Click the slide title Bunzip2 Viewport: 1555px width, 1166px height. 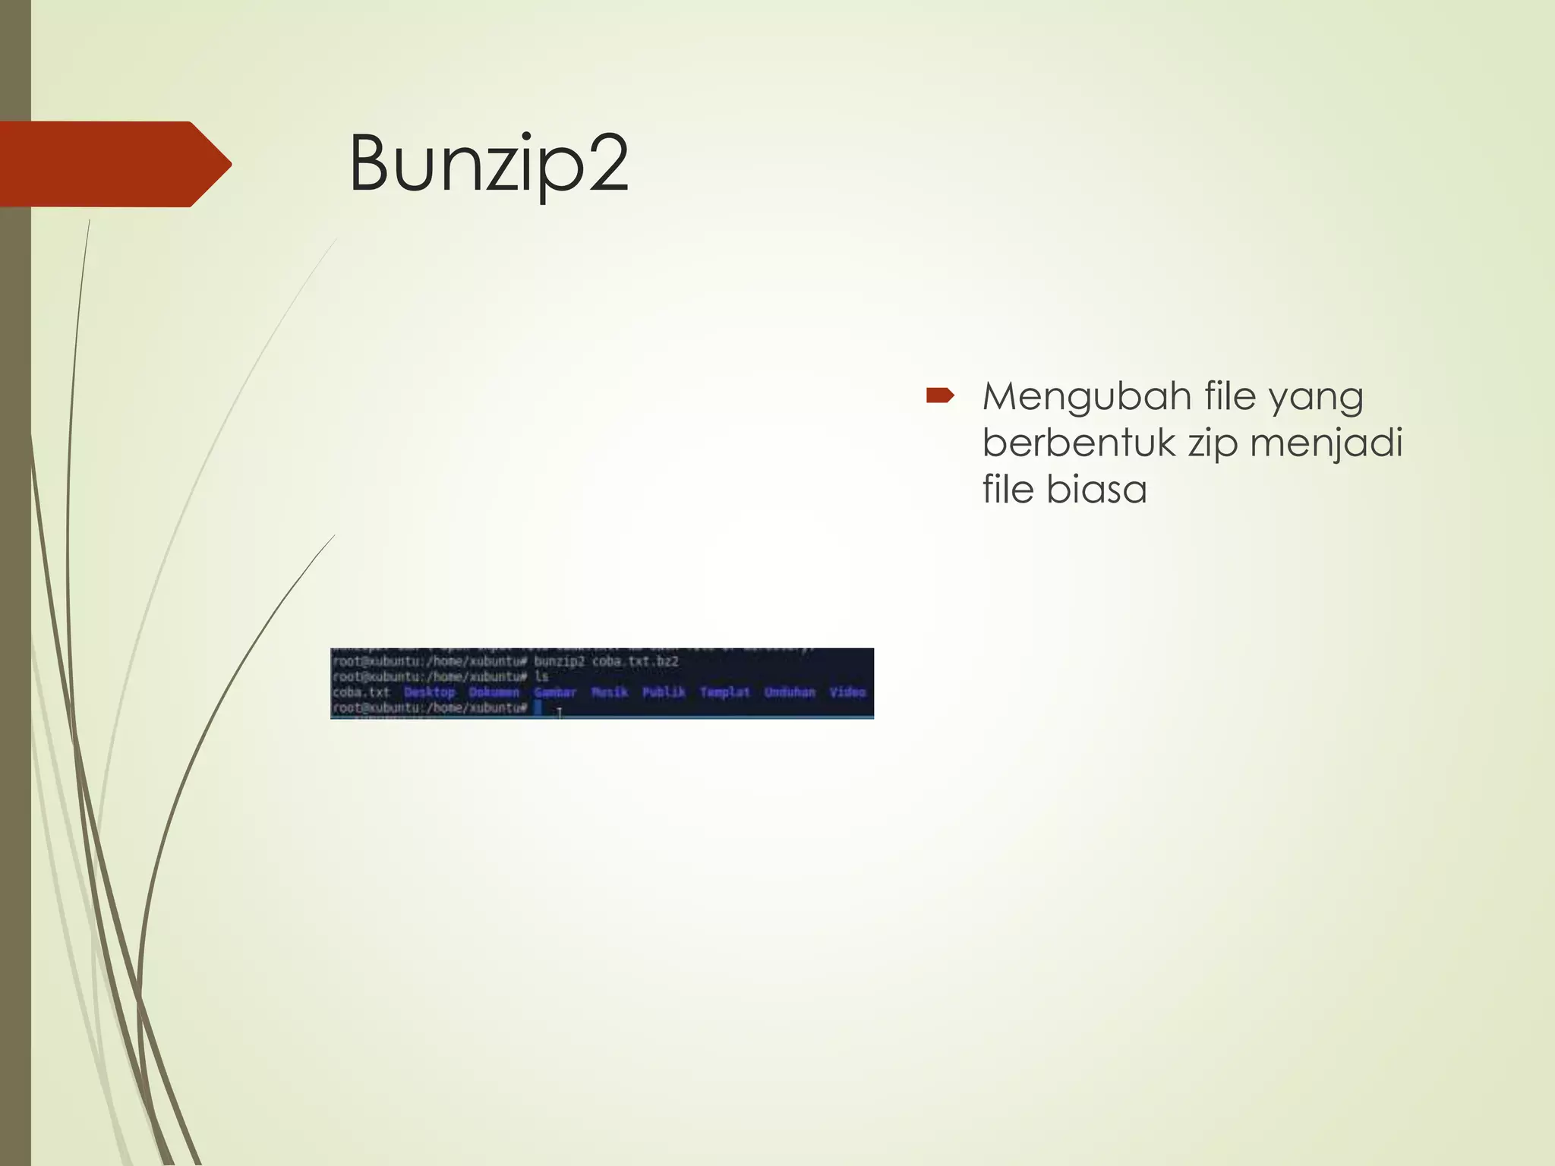tap(488, 164)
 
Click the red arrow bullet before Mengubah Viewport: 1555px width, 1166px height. tap(939, 395)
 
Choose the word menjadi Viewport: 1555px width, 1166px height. tap(1326, 443)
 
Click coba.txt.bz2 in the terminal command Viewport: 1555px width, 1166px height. tap(635, 661)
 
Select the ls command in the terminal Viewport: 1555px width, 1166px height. tap(541, 676)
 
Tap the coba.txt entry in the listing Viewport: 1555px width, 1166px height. tap(361, 692)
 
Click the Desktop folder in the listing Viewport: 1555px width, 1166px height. tap(430, 692)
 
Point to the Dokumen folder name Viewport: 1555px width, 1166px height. tap(494, 692)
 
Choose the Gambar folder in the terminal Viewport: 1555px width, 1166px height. tap(555, 692)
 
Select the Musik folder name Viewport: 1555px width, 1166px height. tap(610, 692)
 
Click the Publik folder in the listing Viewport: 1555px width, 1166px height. tap(664, 692)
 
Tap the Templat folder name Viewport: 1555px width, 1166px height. tap(725, 692)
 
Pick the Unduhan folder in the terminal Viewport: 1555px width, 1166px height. tap(790, 692)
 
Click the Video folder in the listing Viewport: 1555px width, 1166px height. tap(848, 692)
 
